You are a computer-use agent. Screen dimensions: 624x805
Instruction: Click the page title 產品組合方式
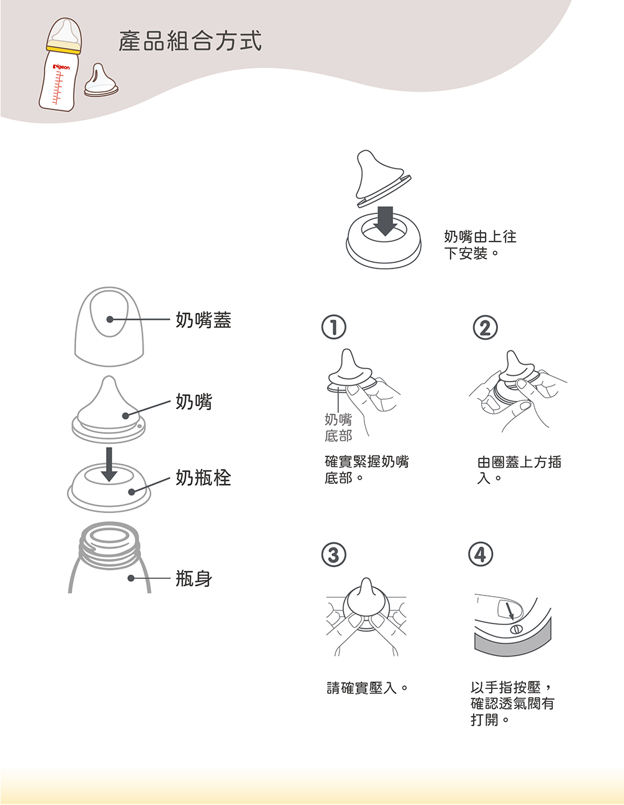click(x=190, y=41)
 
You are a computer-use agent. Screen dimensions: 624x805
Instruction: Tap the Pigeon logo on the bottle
click(x=62, y=67)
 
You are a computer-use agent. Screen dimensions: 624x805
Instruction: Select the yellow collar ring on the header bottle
click(x=64, y=47)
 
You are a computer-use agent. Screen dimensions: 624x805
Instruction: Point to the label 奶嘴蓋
click(x=203, y=320)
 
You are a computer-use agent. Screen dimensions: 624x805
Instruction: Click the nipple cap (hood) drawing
click(x=109, y=326)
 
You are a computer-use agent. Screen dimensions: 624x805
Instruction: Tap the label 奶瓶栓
click(x=203, y=478)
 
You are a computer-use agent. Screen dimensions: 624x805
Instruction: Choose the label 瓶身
click(x=194, y=578)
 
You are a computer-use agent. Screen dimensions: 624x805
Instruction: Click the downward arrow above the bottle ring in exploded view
click(x=109, y=464)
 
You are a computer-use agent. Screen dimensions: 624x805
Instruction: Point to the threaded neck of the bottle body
click(x=110, y=545)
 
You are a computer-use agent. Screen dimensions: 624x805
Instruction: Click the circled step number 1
click(x=334, y=327)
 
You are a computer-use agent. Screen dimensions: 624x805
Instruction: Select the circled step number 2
click(x=485, y=327)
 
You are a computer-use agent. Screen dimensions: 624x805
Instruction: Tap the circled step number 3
click(x=334, y=554)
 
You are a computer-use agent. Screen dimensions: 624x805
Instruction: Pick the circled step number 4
click(x=480, y=554)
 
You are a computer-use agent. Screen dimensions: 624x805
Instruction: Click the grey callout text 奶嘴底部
click(x=338, y=428)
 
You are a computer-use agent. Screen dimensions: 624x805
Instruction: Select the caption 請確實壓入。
click(x=367, y=688)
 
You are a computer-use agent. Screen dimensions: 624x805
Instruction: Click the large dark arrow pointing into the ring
click(x=386, y=221)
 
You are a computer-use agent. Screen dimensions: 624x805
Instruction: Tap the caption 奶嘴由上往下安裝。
click(x=480, y=245)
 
